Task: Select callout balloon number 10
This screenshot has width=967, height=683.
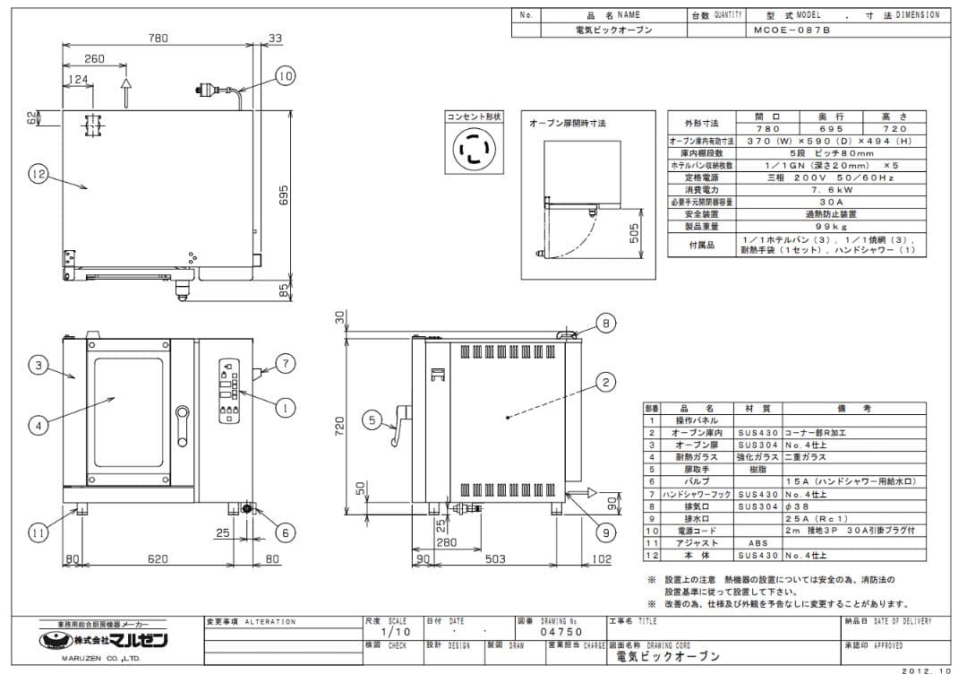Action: coord(284,76)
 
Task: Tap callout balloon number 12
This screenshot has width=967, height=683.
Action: coord(38,175)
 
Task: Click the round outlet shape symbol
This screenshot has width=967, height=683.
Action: coord(473,149)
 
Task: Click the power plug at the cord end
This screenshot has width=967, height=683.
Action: coord(201,89)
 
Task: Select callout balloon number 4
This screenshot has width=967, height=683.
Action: coord(38,426)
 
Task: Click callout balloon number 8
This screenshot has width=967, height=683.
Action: coord(605,324)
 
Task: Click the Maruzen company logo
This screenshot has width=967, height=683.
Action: coord(107,641)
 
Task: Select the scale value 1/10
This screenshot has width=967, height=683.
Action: coord(390,632)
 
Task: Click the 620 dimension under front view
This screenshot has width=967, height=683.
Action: coord(158,559)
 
